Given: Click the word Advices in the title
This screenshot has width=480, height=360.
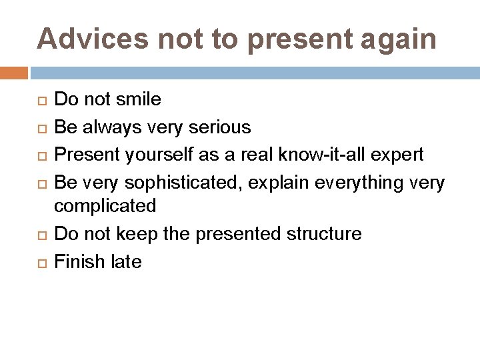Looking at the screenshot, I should tap(93, 39).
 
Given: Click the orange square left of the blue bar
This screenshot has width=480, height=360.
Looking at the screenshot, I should tap(13, 73).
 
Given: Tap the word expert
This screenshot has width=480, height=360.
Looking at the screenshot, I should tap(399, 154).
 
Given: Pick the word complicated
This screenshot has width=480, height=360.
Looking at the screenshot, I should tap(105, 206).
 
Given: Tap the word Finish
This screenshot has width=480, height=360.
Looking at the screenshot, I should tap(77, 261).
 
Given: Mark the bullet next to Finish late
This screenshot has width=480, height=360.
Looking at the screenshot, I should tap(41, 262).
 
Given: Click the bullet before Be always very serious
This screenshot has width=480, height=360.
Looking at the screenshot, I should tap(41, 127).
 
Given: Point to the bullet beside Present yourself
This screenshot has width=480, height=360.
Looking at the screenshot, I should tap(41, 155).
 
